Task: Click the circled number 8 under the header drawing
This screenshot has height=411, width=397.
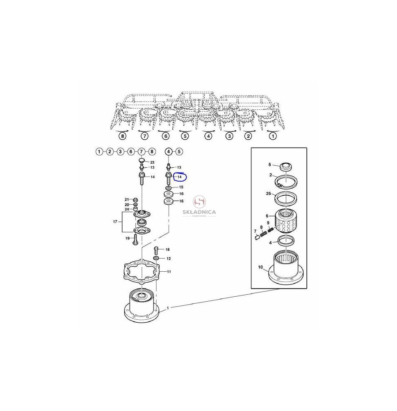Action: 122,136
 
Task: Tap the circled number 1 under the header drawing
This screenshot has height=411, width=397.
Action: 273,136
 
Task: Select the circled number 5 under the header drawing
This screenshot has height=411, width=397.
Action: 185,136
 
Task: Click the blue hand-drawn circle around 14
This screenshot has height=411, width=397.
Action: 180,177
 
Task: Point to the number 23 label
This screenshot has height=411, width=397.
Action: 152,162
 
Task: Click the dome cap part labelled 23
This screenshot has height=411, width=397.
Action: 141,160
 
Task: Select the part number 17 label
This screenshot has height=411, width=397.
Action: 115,222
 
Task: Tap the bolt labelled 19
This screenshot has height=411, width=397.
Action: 135,239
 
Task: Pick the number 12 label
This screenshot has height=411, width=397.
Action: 169,259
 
